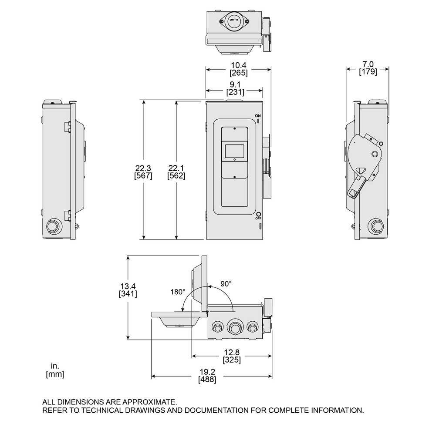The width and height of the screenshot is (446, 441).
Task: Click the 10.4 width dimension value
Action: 238,65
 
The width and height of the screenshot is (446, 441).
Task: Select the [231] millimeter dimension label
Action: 235,92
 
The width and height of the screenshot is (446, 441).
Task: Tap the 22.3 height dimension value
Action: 143,168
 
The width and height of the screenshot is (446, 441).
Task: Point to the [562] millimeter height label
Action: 176,176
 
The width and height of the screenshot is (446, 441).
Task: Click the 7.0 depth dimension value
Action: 368,64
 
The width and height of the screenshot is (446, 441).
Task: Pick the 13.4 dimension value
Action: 128,286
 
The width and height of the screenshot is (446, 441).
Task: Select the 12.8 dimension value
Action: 232,352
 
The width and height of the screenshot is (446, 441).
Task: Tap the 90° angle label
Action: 226,283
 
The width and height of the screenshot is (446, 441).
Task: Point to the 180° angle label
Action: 178,292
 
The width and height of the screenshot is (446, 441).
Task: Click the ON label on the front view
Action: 258,116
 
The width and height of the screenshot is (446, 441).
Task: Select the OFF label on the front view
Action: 258,218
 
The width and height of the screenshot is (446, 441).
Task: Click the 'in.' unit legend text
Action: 54,366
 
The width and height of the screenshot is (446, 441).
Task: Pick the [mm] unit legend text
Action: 55,374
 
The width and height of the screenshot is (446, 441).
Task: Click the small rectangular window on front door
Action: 235,151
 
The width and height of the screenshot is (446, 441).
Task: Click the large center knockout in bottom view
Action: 235,327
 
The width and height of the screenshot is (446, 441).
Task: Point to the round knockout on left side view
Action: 52,226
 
